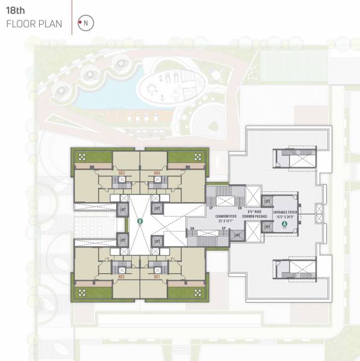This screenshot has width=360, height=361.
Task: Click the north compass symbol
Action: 85,23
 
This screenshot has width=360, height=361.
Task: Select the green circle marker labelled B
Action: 140,222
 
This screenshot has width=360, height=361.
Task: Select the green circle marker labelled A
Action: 284,224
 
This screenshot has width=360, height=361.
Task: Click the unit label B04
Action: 157,173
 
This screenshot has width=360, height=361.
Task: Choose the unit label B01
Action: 157,277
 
